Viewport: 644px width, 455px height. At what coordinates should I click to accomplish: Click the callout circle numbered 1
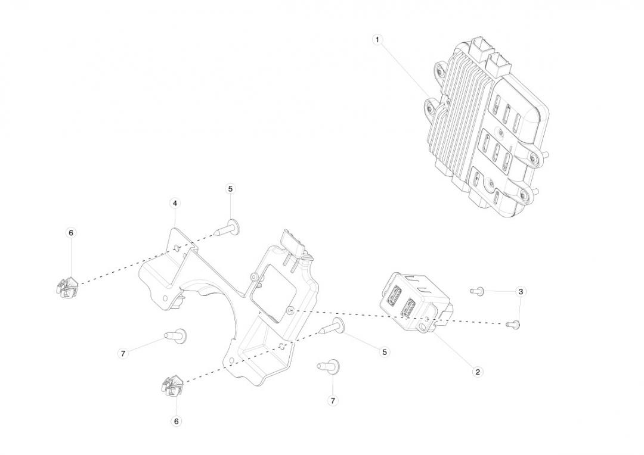pyautogui.click(x=377, y=39)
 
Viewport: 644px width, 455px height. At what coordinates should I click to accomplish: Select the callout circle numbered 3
pyautogui.click(x=521, y=292)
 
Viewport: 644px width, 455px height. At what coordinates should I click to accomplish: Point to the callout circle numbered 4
pyautogui.click(x=175, y=203)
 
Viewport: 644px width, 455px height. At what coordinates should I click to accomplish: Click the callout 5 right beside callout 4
pyautogui.click(x=230, y=189)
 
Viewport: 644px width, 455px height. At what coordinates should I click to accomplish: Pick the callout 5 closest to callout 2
pyautogui.click(x=385, y=352)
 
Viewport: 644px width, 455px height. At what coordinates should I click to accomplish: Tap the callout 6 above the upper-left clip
pyautogui.click(x=70, y=233)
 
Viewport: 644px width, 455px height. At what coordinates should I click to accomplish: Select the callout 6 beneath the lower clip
pyautogui.click(x=176, y=421)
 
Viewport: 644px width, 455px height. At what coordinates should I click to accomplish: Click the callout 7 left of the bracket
pyautogui.click(x=123, y=353)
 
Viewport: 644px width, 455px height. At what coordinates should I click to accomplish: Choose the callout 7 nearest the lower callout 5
pyautogui.click(x=333, y=401)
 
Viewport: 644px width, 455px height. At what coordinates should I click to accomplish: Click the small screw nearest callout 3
pyautogui.click(x=477, y=291)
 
